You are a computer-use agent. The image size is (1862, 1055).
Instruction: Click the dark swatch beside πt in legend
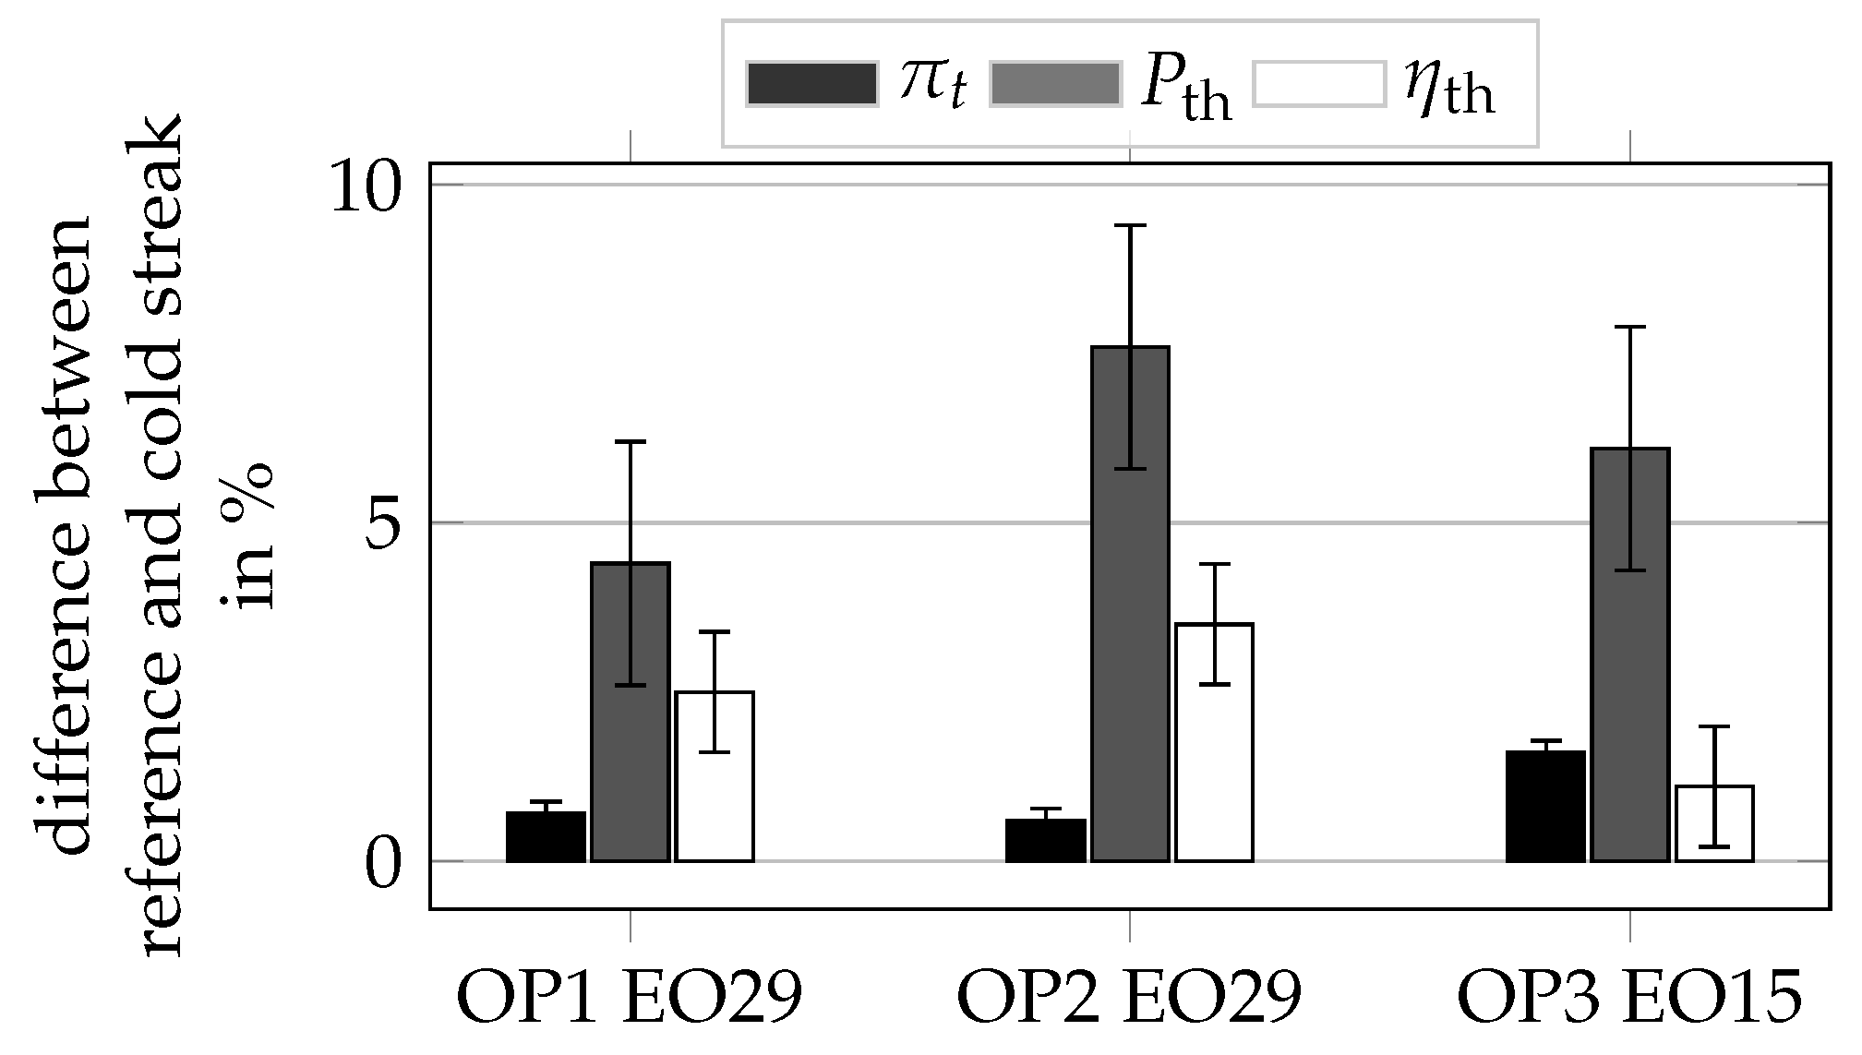coord(811,84)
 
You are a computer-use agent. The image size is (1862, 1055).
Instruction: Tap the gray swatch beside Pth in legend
coord(1055,84)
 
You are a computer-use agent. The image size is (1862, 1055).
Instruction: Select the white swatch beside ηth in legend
coord(1320,84)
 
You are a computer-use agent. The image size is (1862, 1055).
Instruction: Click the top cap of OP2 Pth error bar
coord(1130,225)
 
